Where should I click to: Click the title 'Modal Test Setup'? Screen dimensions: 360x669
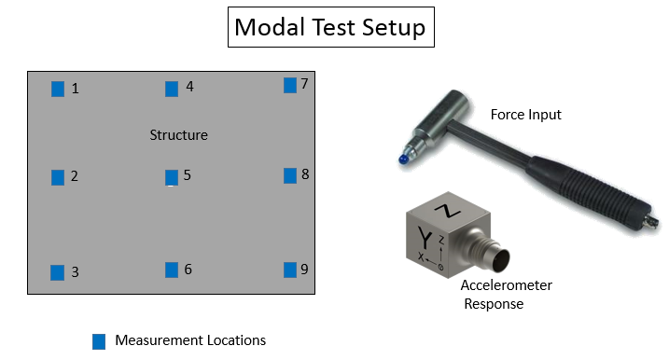point(329,27)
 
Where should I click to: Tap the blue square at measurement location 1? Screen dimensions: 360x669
point(58,89)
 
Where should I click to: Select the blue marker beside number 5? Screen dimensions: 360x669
point(172,176)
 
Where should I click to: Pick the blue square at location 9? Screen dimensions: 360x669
point(290,270)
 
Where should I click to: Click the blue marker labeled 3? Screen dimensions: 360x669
point(58,272)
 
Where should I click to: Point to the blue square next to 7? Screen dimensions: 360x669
point(290,85)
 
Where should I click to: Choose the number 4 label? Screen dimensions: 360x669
point(189,87)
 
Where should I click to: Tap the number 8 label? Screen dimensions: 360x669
point(305,174)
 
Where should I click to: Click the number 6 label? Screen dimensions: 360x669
point(188,270)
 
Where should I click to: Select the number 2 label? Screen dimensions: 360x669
point(75,176)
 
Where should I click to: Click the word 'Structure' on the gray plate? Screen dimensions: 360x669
point(178,135)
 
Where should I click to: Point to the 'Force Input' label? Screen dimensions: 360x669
point(525,115)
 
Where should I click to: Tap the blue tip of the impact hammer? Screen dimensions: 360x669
point(402,159)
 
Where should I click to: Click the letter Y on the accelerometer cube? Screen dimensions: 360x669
point(426,235)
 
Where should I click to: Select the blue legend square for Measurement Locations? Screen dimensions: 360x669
point(99,341)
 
